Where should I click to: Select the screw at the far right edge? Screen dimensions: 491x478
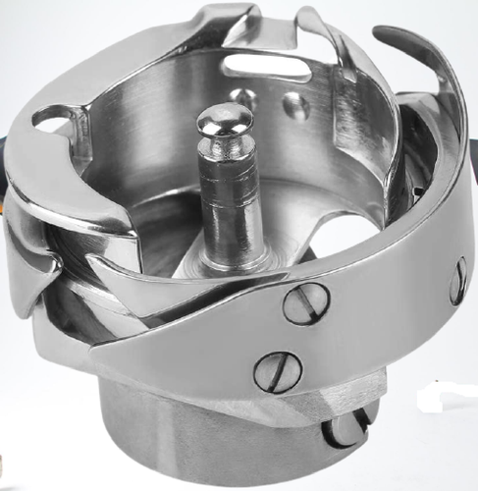coord(457,281)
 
